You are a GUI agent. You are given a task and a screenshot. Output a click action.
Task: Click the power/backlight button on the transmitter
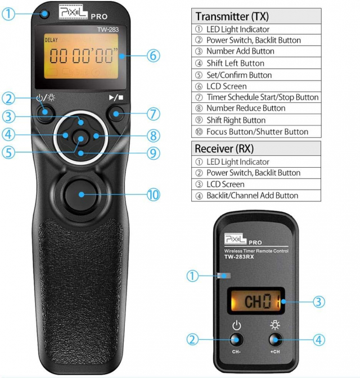46,114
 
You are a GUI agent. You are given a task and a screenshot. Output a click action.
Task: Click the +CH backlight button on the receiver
275,339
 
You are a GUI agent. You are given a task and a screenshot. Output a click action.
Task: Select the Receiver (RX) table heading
224,148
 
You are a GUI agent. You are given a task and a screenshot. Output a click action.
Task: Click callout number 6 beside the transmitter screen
152,56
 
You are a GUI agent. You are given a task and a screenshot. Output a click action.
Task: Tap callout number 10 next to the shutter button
152,195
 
